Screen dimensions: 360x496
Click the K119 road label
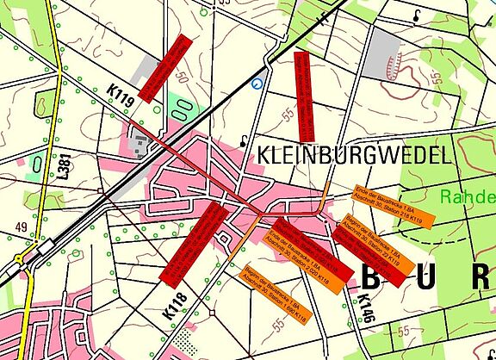tap(121, 96)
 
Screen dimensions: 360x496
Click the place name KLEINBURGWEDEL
tap(353, 155)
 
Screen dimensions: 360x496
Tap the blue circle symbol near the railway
tap(257, 84)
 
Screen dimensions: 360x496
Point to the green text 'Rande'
tap(468, 196)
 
